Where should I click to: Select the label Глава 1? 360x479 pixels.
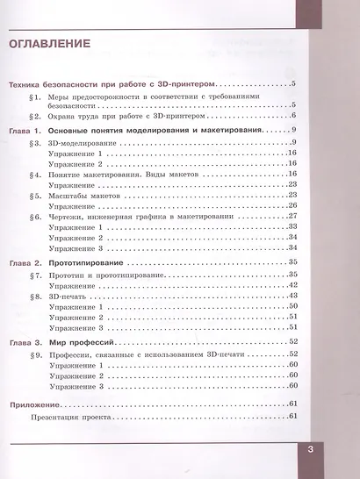(x=25, y=130)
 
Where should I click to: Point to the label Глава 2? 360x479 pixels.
(x=25, y=262)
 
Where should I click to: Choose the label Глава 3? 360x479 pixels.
(x=25, y=340)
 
